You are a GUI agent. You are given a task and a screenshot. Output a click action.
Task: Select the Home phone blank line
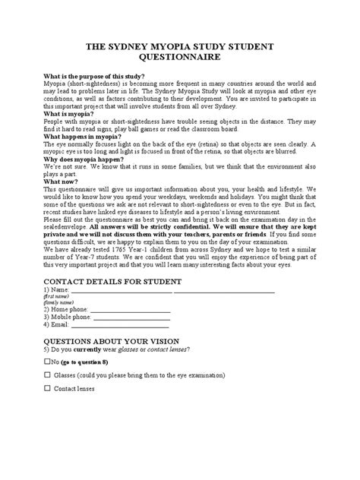pyautogui.click(x=130, y=331)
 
